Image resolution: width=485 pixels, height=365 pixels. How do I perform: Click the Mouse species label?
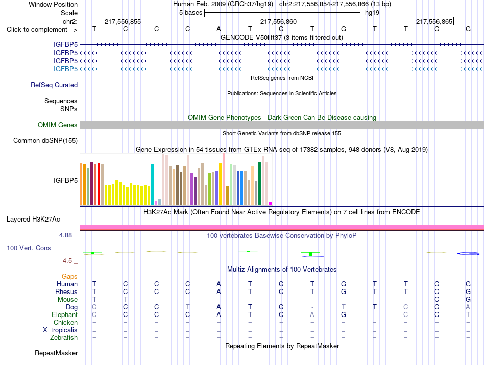[x=67, y=300]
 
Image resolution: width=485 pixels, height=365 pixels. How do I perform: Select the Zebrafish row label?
[x=64, y=338]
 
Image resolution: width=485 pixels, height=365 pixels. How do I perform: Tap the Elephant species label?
[x=65, y=315]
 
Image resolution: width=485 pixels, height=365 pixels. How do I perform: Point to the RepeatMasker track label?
[x=56, y=353]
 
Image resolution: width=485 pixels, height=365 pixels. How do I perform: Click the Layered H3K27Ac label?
[x=33, y=220]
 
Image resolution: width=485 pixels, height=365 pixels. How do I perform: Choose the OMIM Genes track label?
[x=58, y=125]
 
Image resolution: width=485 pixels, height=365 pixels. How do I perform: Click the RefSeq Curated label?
[x=54, y=85]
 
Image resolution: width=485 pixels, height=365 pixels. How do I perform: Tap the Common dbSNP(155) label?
[x=45, y=141]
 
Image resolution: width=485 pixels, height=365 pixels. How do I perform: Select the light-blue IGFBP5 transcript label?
[x=65, y=69]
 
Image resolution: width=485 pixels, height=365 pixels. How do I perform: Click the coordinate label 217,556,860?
[x=278, y=21]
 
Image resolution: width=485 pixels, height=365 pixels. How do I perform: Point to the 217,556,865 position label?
[x=434, y=21]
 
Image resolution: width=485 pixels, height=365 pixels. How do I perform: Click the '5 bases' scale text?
[x=190, y=13]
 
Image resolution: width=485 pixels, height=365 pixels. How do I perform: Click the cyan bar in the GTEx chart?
[x=152, y=184]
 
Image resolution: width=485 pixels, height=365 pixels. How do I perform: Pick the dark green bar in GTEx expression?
[x=259, y=184]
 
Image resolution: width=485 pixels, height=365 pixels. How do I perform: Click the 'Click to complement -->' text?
[x=42, y=30]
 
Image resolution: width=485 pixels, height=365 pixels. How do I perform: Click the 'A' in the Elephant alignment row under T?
[x=312, y=314]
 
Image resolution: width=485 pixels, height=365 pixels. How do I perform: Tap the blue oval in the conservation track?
[x=468, y=254]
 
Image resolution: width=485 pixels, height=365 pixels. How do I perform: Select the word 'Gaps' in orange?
[x=69, y=277]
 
